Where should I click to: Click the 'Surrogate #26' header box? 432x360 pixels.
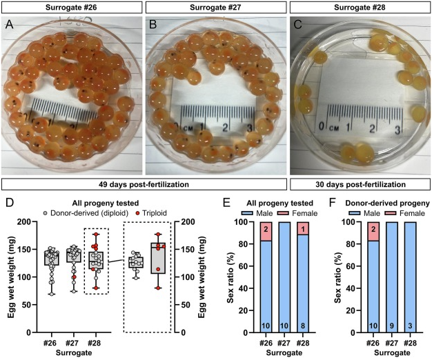(72, 7)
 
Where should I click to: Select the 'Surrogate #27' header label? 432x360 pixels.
(215, 7)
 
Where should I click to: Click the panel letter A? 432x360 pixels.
(10, 25)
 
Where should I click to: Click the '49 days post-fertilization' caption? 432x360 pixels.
(144, 184)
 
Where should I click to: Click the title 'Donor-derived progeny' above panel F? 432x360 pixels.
(382, 201)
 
